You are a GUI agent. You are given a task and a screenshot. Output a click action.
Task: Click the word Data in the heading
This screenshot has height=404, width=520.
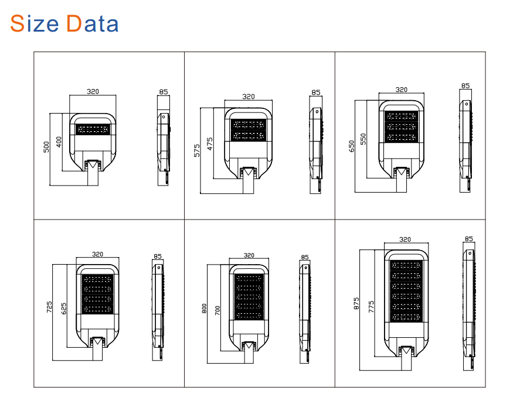pos(92,23)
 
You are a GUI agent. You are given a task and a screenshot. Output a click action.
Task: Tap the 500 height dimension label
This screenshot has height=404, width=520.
pos(47,147)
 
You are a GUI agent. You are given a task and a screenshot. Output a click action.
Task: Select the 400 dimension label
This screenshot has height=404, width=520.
pos(59,142)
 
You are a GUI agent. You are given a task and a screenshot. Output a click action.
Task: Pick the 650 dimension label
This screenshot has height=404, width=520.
pos(351,146)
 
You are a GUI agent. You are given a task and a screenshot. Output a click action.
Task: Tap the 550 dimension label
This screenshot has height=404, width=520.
pos(363,139)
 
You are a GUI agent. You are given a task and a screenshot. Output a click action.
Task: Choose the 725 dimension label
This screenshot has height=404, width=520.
pos(50,307)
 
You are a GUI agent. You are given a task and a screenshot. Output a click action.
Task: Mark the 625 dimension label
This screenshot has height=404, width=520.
pos(63,307)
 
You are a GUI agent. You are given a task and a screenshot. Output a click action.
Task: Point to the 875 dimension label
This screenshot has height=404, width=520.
pos(356,304)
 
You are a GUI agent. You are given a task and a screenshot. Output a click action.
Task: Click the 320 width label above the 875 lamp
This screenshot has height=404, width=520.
pos(405,239)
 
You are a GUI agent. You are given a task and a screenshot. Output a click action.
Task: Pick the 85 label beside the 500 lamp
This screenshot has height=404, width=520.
pos(163,92)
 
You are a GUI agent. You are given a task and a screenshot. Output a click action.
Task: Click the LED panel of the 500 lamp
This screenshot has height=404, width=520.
pos(93,129)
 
